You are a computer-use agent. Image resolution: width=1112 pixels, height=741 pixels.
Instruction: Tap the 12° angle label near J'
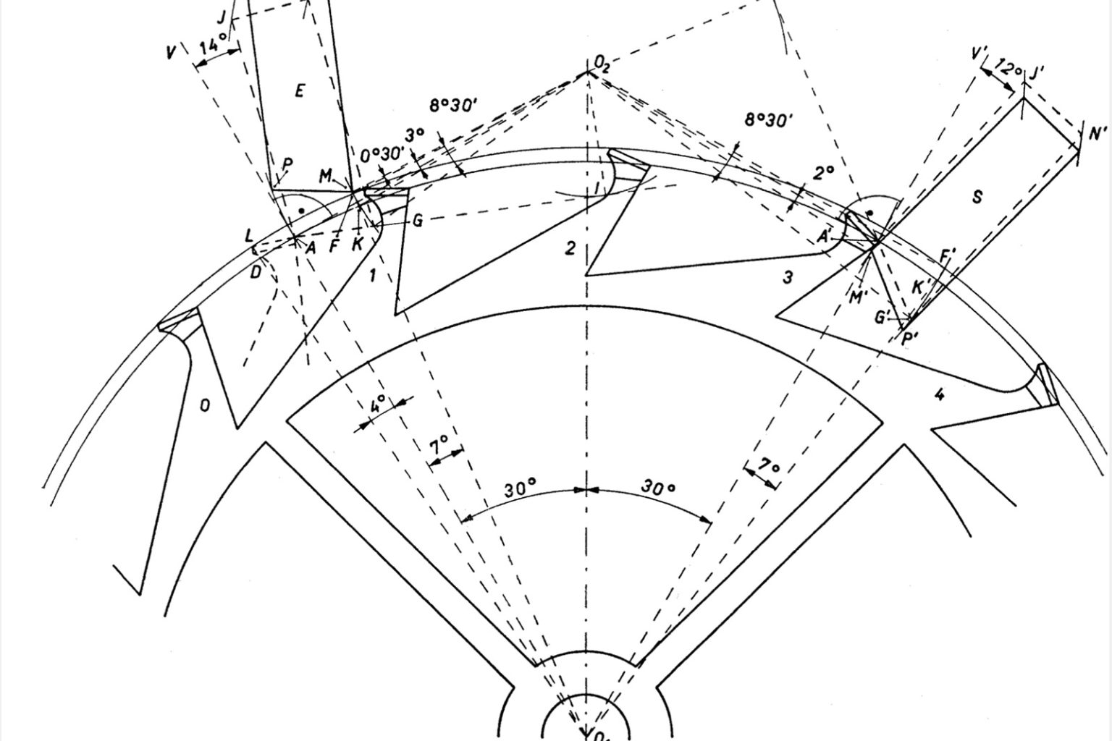[x=1008, y=68]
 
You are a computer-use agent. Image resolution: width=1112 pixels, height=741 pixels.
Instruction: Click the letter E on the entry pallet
[x=300, y=90]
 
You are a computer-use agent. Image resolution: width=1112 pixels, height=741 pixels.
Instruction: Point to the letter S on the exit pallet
[x=977, y=196]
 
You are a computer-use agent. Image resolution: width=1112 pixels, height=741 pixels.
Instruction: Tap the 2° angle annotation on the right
[x=823, y=173]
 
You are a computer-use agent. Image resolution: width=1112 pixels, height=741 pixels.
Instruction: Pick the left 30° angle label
[x=519, y=488]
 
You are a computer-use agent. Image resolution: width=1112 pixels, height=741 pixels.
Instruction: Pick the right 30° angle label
[x=658, y=488]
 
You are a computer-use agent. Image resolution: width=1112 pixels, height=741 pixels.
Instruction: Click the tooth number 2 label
[x=570, y=249]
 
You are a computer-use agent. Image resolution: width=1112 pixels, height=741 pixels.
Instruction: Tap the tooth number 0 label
[x=205, y=406]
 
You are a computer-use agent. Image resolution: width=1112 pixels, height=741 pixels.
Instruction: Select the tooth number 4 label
[x=940, y=395]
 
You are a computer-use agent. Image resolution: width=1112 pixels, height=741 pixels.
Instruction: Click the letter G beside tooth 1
[x=417, y=221]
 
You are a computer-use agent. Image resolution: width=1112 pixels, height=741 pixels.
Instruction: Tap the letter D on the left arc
[x=255, y=272]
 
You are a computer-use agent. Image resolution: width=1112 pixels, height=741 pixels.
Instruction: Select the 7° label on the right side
[x=770, y=467]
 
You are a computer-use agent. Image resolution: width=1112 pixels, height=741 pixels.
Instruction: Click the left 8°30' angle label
[x=454, y=106]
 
